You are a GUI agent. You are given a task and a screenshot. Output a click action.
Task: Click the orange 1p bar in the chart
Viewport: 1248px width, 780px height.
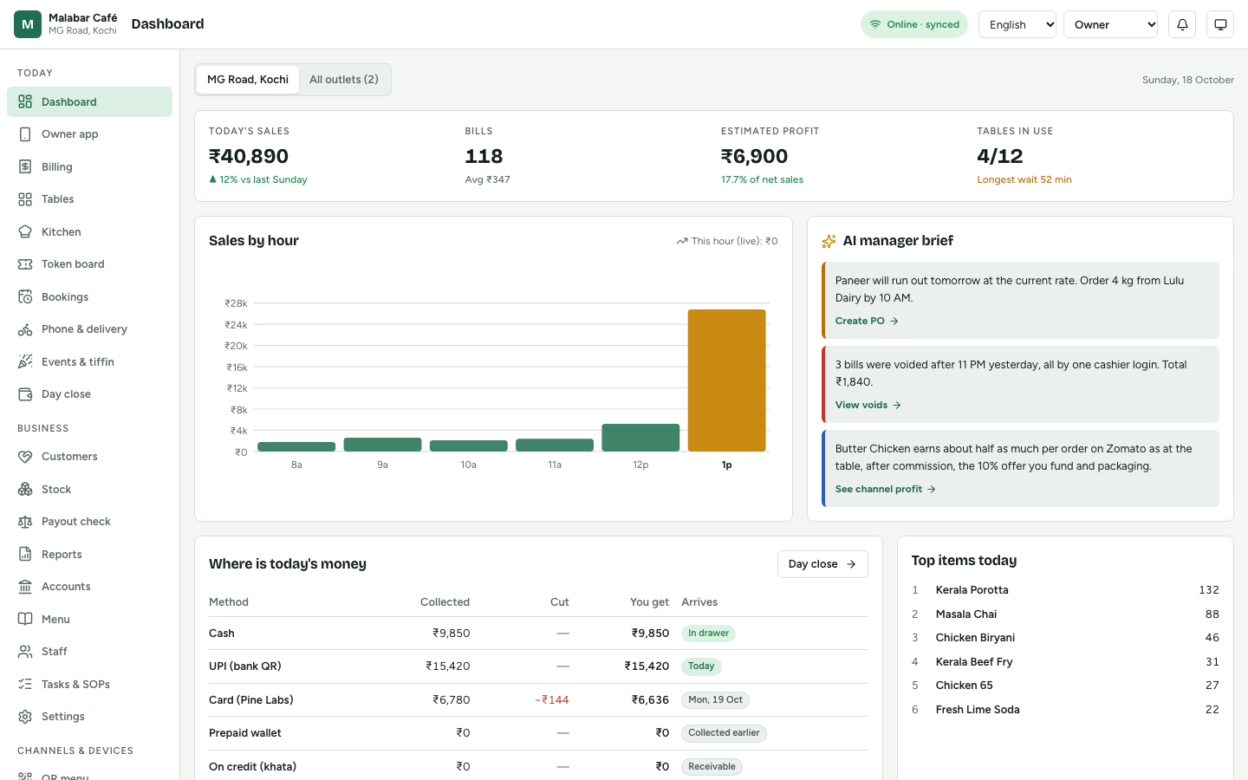point(726,380)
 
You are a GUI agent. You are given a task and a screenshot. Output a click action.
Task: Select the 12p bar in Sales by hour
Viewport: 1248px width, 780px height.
point(640,438)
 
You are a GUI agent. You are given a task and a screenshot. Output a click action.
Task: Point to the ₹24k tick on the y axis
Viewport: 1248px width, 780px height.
point(236,324)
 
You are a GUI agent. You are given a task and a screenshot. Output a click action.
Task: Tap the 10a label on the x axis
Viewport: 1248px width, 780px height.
point(468,465)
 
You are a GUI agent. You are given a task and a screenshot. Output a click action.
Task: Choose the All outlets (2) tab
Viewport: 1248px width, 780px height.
point(344,80)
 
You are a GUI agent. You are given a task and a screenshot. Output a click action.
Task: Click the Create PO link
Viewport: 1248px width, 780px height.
point(867,321)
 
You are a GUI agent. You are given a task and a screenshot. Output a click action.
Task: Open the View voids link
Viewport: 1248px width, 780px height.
point(868,405)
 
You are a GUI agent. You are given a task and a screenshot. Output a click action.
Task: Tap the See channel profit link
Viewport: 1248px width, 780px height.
point(885,489)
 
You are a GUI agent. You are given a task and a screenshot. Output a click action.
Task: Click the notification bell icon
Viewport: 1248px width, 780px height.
point(1182,24)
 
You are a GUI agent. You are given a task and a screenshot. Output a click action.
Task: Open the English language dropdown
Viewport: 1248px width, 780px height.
point(1017,24)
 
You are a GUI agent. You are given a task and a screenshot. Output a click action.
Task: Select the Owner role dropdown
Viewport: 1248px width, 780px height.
point(1110,24)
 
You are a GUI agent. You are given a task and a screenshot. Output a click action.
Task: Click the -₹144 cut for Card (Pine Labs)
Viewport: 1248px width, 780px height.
point(551,699)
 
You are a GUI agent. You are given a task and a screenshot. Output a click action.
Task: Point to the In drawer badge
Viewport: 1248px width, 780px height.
point(708,633)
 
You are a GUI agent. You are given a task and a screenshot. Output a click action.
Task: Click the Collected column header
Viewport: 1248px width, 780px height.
point(445,602)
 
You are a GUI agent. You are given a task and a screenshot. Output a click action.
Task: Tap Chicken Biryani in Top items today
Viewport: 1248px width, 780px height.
point(975,637)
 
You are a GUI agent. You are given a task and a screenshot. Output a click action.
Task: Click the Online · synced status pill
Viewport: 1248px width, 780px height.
point(914,24)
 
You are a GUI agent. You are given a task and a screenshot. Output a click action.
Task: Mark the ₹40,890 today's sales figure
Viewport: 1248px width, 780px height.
point(249,156)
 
